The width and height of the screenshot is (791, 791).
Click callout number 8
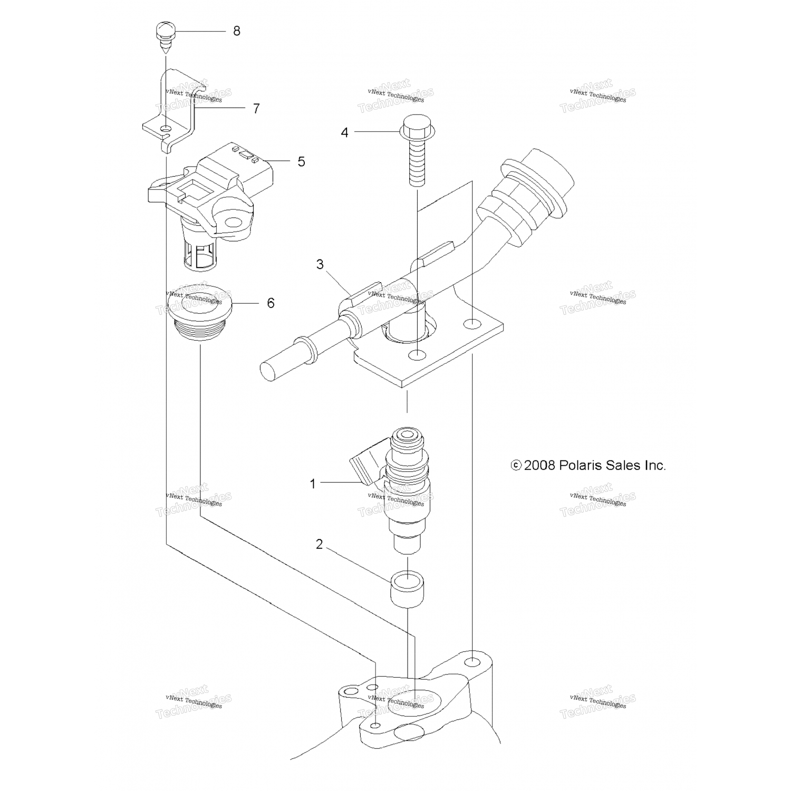coord(236,31)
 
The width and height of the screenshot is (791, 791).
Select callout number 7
coord(256,109)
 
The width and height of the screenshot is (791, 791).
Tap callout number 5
coord(301,161)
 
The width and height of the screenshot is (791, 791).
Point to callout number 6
coord(271,303)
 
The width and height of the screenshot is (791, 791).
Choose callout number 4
coord(344,132)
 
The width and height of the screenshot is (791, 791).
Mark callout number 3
coord(320,264)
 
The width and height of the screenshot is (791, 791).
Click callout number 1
coord(313,483)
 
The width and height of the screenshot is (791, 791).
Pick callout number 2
coord(319,545)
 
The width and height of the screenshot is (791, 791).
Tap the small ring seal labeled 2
coord(408,589)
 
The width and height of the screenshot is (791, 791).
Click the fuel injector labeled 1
coord(406,490)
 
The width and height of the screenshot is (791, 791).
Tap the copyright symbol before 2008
coord(516,465)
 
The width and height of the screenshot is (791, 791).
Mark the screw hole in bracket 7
coord(167,129)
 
